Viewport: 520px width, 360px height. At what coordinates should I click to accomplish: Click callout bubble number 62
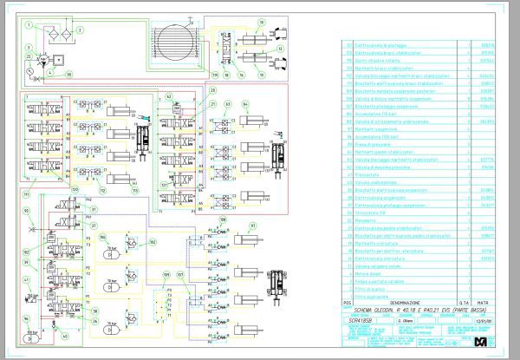[x=228, y=104]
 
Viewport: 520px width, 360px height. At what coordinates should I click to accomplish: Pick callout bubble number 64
[x=245, y=104]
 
